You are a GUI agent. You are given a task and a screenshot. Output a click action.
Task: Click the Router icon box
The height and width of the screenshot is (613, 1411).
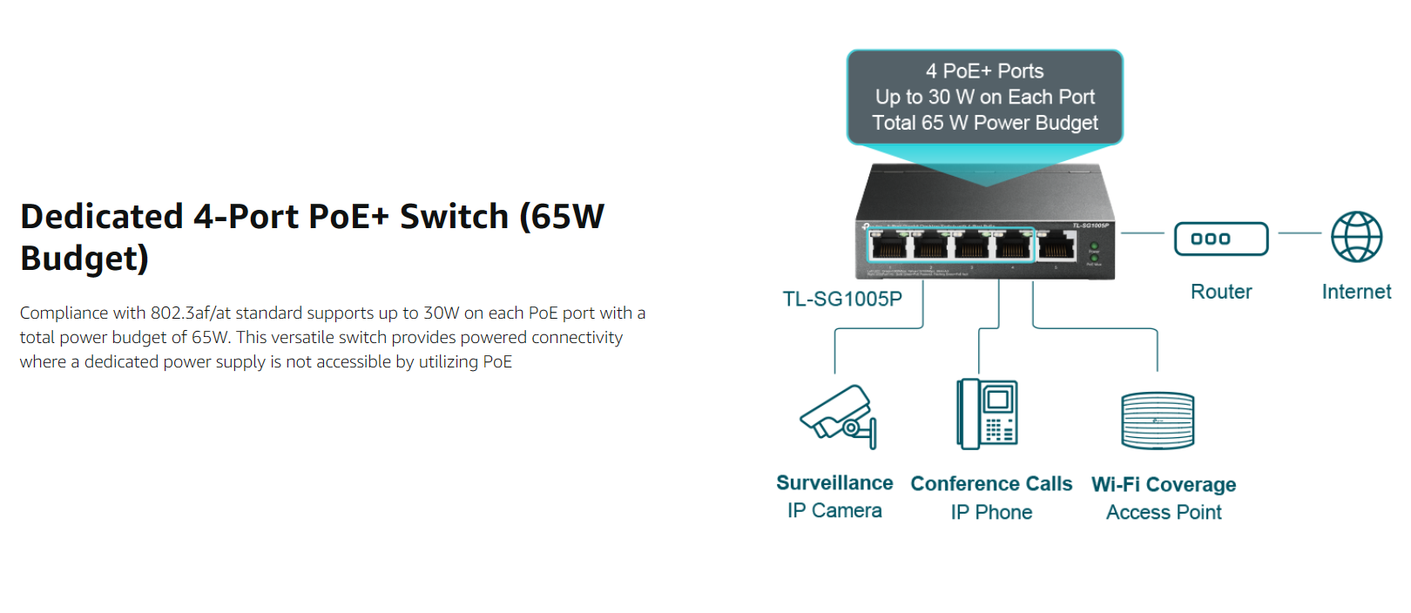(1220, 239)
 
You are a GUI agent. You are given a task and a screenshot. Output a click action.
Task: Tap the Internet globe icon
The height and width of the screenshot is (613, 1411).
(1356, 237)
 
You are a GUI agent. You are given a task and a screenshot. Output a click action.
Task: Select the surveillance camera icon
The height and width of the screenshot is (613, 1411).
(839, 416)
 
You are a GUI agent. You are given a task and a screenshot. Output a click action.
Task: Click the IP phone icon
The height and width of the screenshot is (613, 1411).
(987, 414)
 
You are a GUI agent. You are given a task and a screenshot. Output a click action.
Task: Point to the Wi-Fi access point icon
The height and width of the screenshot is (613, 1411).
(1158, 421)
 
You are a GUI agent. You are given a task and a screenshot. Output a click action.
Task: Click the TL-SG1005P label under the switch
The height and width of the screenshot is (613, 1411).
(842, 299)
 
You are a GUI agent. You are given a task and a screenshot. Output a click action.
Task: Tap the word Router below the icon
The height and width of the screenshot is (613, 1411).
(1221, 292)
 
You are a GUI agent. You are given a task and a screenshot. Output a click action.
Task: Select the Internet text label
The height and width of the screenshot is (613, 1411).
(1356, 292)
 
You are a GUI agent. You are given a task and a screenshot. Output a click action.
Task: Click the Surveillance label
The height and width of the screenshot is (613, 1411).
(834, 483)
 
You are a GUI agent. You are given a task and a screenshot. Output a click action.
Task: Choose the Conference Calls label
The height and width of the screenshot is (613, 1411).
(991, 484)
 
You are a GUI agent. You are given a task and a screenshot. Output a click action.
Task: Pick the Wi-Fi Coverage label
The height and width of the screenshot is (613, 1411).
(1164, 485)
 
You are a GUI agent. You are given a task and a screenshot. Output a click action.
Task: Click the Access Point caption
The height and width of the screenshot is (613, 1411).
(1164, 513)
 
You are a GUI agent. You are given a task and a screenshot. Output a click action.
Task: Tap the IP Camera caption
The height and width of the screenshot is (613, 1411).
(834, 511)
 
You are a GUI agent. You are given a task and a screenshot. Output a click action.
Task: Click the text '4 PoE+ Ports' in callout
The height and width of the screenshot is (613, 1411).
(984, 71)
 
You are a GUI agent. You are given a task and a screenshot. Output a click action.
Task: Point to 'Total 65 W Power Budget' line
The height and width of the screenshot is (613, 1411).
(985, 124)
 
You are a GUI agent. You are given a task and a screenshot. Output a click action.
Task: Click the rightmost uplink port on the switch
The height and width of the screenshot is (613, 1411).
(1057, 247)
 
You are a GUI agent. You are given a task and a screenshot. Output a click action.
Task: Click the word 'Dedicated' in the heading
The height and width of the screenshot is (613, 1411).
(102, 217)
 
